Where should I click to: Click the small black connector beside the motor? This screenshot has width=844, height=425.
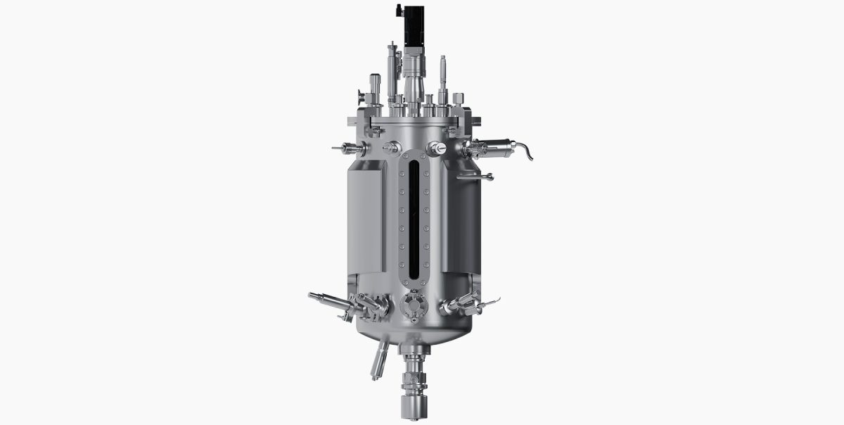coord(398,11)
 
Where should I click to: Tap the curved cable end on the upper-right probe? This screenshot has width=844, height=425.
coord(525,151)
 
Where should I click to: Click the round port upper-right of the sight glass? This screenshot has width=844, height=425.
coord(436,148)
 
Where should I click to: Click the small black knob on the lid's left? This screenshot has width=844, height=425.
coord(360,97)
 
